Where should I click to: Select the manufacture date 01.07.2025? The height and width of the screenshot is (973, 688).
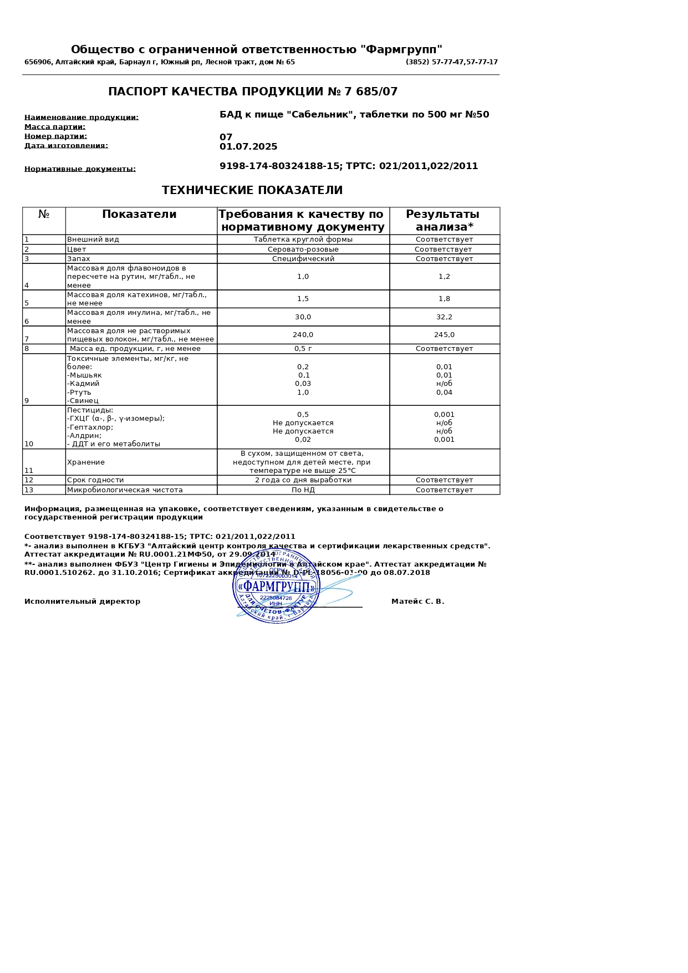248,147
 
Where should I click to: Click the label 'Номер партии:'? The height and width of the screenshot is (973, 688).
55,136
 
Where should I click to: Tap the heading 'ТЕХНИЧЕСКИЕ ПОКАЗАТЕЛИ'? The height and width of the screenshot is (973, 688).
252,191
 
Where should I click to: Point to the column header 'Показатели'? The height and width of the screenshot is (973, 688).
139,215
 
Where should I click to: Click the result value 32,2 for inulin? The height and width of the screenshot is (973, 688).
444,317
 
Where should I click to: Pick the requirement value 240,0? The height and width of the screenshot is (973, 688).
303,335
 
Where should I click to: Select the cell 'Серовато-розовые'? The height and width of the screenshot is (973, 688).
303,249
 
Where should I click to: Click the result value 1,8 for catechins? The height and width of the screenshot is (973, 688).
444,299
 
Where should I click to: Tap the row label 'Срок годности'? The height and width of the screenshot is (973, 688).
95,480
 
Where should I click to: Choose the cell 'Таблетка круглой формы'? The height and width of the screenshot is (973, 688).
303,240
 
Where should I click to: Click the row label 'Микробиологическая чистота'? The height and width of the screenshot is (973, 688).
125,490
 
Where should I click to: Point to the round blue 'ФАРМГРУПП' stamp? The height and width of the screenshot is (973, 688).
276,586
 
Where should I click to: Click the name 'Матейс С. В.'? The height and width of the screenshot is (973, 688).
417,602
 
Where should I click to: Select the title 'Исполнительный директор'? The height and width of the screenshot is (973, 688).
82,602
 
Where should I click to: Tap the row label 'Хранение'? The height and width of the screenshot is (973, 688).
86,462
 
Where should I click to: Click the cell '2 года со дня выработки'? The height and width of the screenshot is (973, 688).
303,480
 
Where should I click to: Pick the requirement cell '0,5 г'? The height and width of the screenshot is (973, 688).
303,349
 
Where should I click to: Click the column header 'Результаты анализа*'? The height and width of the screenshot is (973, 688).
444,221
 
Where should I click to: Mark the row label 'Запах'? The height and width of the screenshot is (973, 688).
79,259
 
